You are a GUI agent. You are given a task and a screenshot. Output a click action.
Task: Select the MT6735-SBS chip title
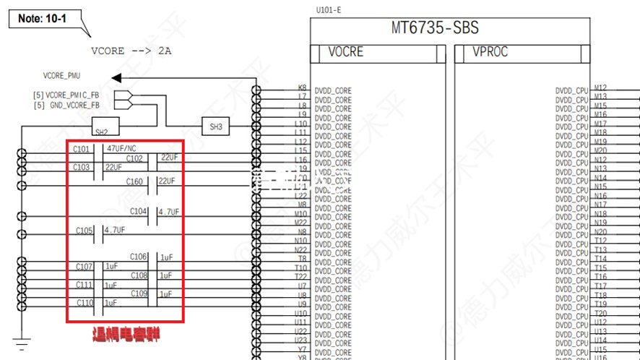[435, 28]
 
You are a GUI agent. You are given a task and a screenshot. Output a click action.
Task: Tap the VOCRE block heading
[346, 52]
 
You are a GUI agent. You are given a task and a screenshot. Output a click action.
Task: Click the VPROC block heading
[490, 52]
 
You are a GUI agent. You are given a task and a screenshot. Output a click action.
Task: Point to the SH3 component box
[216, 127]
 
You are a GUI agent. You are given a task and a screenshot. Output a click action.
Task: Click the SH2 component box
[101, 131]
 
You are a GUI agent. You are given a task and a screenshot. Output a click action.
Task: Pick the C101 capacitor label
[82, 149]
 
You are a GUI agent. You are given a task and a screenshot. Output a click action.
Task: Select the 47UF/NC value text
[121, 148]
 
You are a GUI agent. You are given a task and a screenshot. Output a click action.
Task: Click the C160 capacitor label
[134, 182]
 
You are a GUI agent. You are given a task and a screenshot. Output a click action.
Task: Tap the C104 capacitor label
[139, 212]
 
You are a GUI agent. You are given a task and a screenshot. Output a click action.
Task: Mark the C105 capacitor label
[84, 231]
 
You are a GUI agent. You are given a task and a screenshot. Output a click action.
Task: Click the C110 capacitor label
[85, 303]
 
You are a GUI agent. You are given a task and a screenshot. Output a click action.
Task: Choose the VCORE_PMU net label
[63, 75]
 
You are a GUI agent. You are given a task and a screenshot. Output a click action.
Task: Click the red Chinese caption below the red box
[126, 334]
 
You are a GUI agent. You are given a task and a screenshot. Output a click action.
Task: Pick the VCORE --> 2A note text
[131, 51]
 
